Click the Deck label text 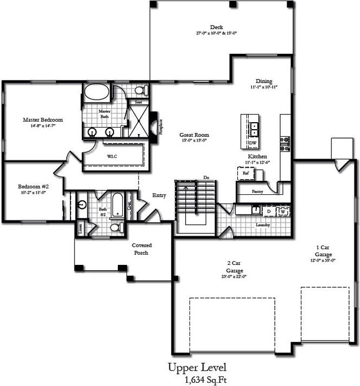[x=216, y=27]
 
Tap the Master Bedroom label [x=43, y=120]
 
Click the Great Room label [x=194, y=135]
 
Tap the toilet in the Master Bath [x=140, y=90]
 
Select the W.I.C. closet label [x=112, y=156]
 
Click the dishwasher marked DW [x=252, y=143]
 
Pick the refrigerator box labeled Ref [x=245, y=173]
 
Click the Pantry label [x=258, y=191]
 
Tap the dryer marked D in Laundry [x=269, y=210]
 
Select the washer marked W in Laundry [x=282, y=211]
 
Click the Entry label [x=159, y=195]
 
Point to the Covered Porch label [x=142, y=249]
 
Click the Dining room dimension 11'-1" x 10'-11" [x=264, y=87]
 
